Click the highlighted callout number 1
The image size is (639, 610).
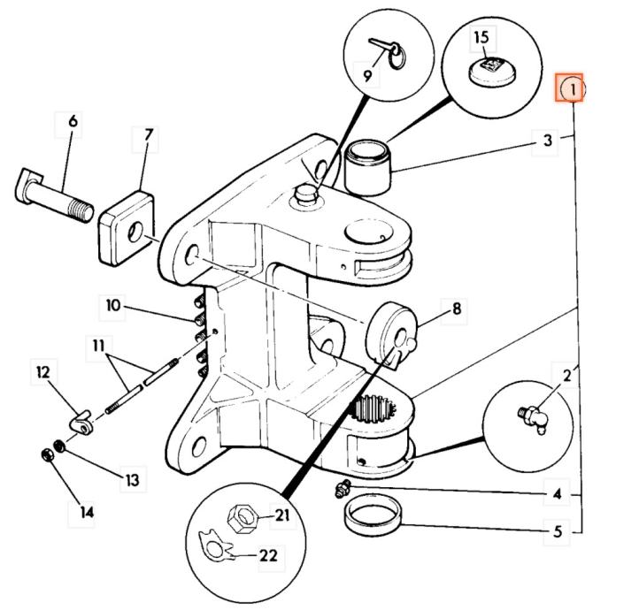(573, 89)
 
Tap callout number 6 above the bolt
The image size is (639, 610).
(73, 121)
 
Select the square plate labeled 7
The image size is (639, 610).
(126, 228)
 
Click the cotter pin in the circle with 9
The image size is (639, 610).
(386, 52)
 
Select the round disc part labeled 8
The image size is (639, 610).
(391, 332)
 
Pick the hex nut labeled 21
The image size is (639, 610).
(243, 518)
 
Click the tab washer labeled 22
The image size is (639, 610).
(216, 545)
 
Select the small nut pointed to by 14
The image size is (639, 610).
(47, 455)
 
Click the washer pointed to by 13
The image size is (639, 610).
(59, 446)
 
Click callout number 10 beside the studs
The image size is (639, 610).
(113, 304)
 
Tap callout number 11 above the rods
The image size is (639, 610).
(98, 346)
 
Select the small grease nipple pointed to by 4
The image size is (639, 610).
(343, 488)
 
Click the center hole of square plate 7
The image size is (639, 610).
(135, 232)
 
